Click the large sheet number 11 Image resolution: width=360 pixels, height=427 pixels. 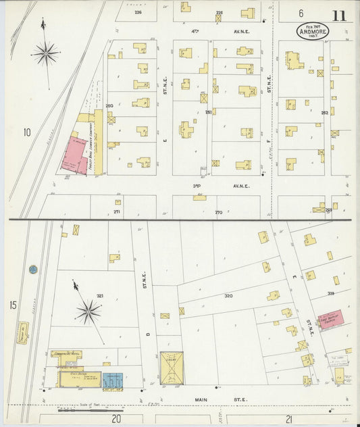click(338, 14)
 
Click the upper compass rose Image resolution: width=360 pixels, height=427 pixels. click(46, 52)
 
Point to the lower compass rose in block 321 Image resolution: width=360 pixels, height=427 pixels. click(88, 311)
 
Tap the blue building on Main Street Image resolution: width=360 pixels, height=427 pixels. click(113, 380)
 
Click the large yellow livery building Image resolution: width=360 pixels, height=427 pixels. click(169, 368)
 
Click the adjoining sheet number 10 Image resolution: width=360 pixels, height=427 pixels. click(26, 132)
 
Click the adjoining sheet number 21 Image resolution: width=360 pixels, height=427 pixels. click(288, 419)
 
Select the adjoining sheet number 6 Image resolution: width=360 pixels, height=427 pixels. click(301, 13)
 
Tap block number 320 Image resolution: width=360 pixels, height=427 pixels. click(228, 296)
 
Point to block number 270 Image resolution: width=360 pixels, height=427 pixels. click(218, 212)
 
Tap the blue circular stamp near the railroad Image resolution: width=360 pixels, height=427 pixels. click(32, 270)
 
